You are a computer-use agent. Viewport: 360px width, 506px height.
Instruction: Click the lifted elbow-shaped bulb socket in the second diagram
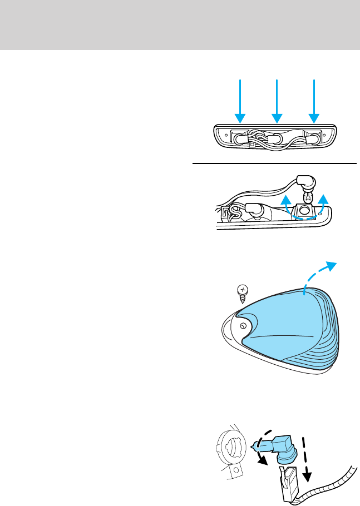click(x=305, y=181)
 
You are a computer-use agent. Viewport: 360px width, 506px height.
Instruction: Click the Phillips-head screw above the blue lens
click(x=241, y=292)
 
